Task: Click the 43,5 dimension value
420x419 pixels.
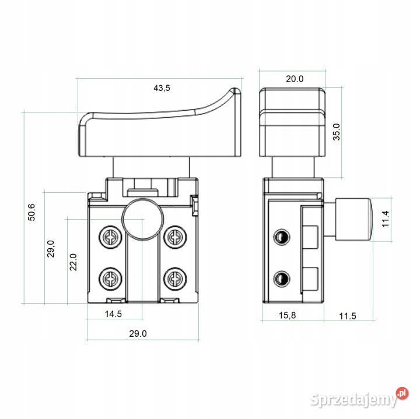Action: [x=162, y=88]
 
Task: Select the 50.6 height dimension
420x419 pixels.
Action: [x=32, y=212]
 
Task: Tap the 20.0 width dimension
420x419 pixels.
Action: [x=295, y=79]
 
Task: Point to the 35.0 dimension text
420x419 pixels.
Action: [x=336, y=132]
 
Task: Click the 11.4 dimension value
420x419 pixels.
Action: [x=385, y=219]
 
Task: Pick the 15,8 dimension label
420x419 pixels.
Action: [x=288, y=315]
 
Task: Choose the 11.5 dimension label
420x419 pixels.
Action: [x=348, y=316]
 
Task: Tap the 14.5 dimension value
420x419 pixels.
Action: [x=113, y=314]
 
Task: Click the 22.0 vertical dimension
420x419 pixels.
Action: [x=73, y=262]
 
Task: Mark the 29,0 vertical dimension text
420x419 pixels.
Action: [x=51, y=249]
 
